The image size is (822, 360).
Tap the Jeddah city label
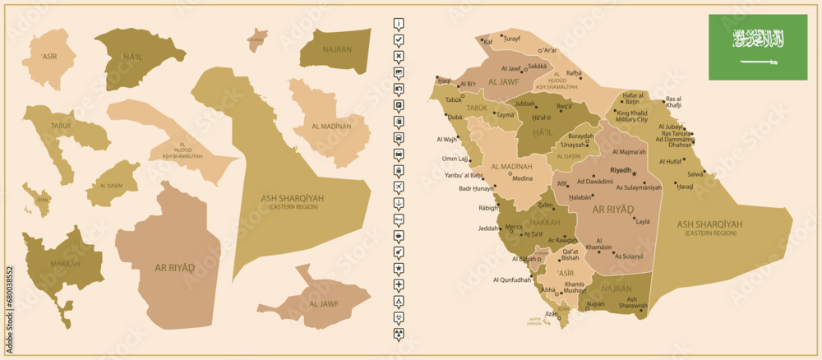[488, 228]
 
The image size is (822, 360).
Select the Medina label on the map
[522, 178]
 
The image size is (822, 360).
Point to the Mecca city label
[513, 227]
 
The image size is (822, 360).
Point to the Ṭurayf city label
[512, 39]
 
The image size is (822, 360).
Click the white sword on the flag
[757, 62]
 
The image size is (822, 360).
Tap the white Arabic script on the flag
[757, 38]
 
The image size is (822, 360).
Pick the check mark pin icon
[399, 39]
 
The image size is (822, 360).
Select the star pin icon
[399, 268]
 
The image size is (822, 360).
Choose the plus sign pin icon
[399, 284]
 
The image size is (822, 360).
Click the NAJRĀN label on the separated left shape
[337, 49]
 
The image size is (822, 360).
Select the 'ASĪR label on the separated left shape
[50, 56]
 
